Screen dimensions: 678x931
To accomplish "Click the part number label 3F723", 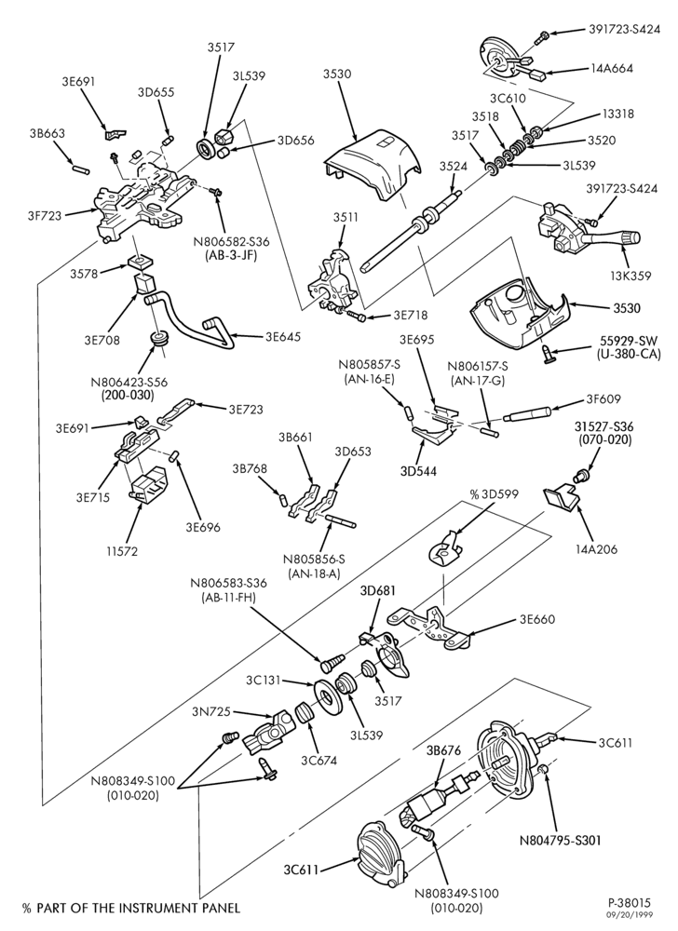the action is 45,216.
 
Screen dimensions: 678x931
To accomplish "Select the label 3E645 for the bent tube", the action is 282,337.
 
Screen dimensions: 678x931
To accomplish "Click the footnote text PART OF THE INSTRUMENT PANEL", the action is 137,908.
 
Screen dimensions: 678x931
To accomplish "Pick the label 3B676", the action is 443,749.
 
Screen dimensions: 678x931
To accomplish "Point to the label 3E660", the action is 536,620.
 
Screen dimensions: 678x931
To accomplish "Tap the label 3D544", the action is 420,471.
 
